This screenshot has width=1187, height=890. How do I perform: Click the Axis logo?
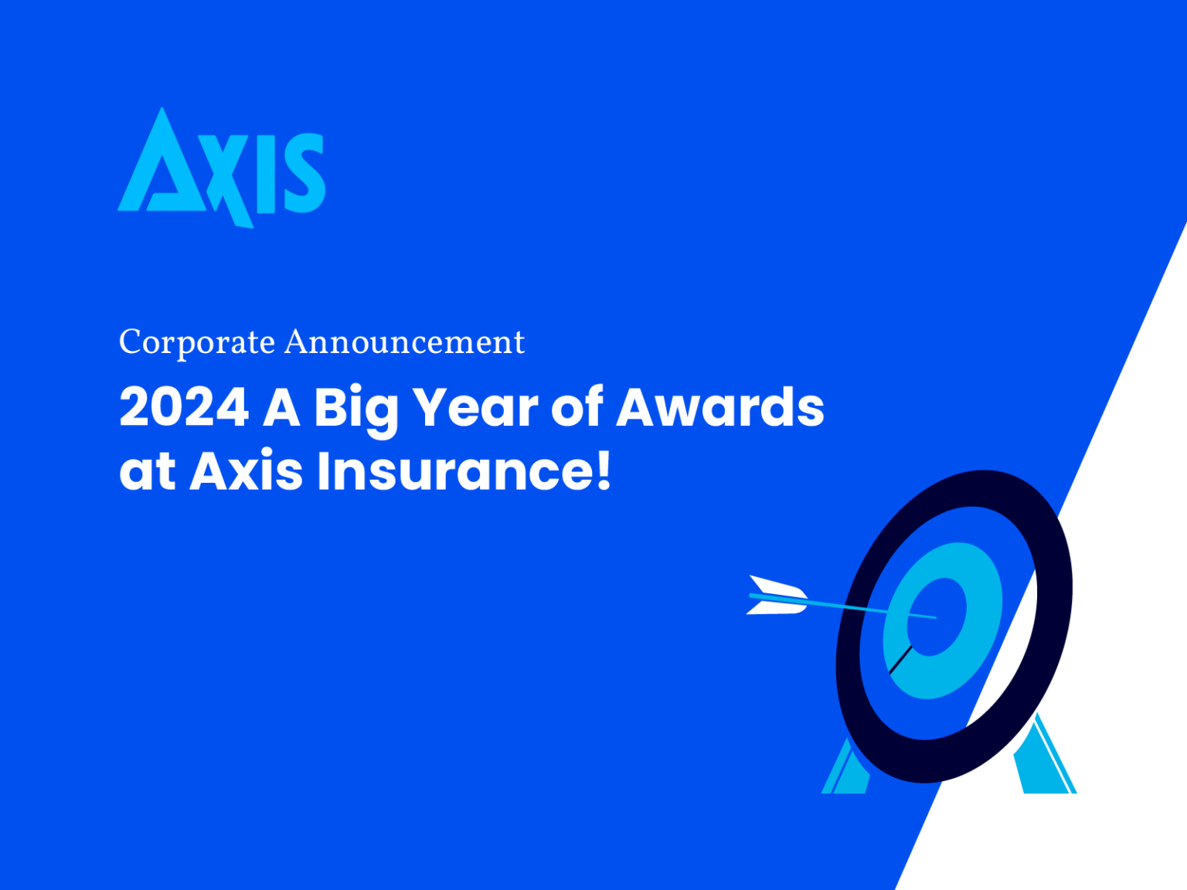[x=222, y=168]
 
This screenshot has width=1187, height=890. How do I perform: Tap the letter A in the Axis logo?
[x=162, y=166]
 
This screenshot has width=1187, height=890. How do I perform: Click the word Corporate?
[x=197, y=342]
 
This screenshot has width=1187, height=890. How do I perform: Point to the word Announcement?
[x=404, y=342]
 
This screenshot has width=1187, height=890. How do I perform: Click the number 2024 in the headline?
[x=184, y=407]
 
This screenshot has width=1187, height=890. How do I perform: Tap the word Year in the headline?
[x=475, y=407]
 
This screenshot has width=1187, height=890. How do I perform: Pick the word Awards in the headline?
[x=720, y=407]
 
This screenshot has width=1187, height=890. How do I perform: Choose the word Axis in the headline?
[x=246, y=471]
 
